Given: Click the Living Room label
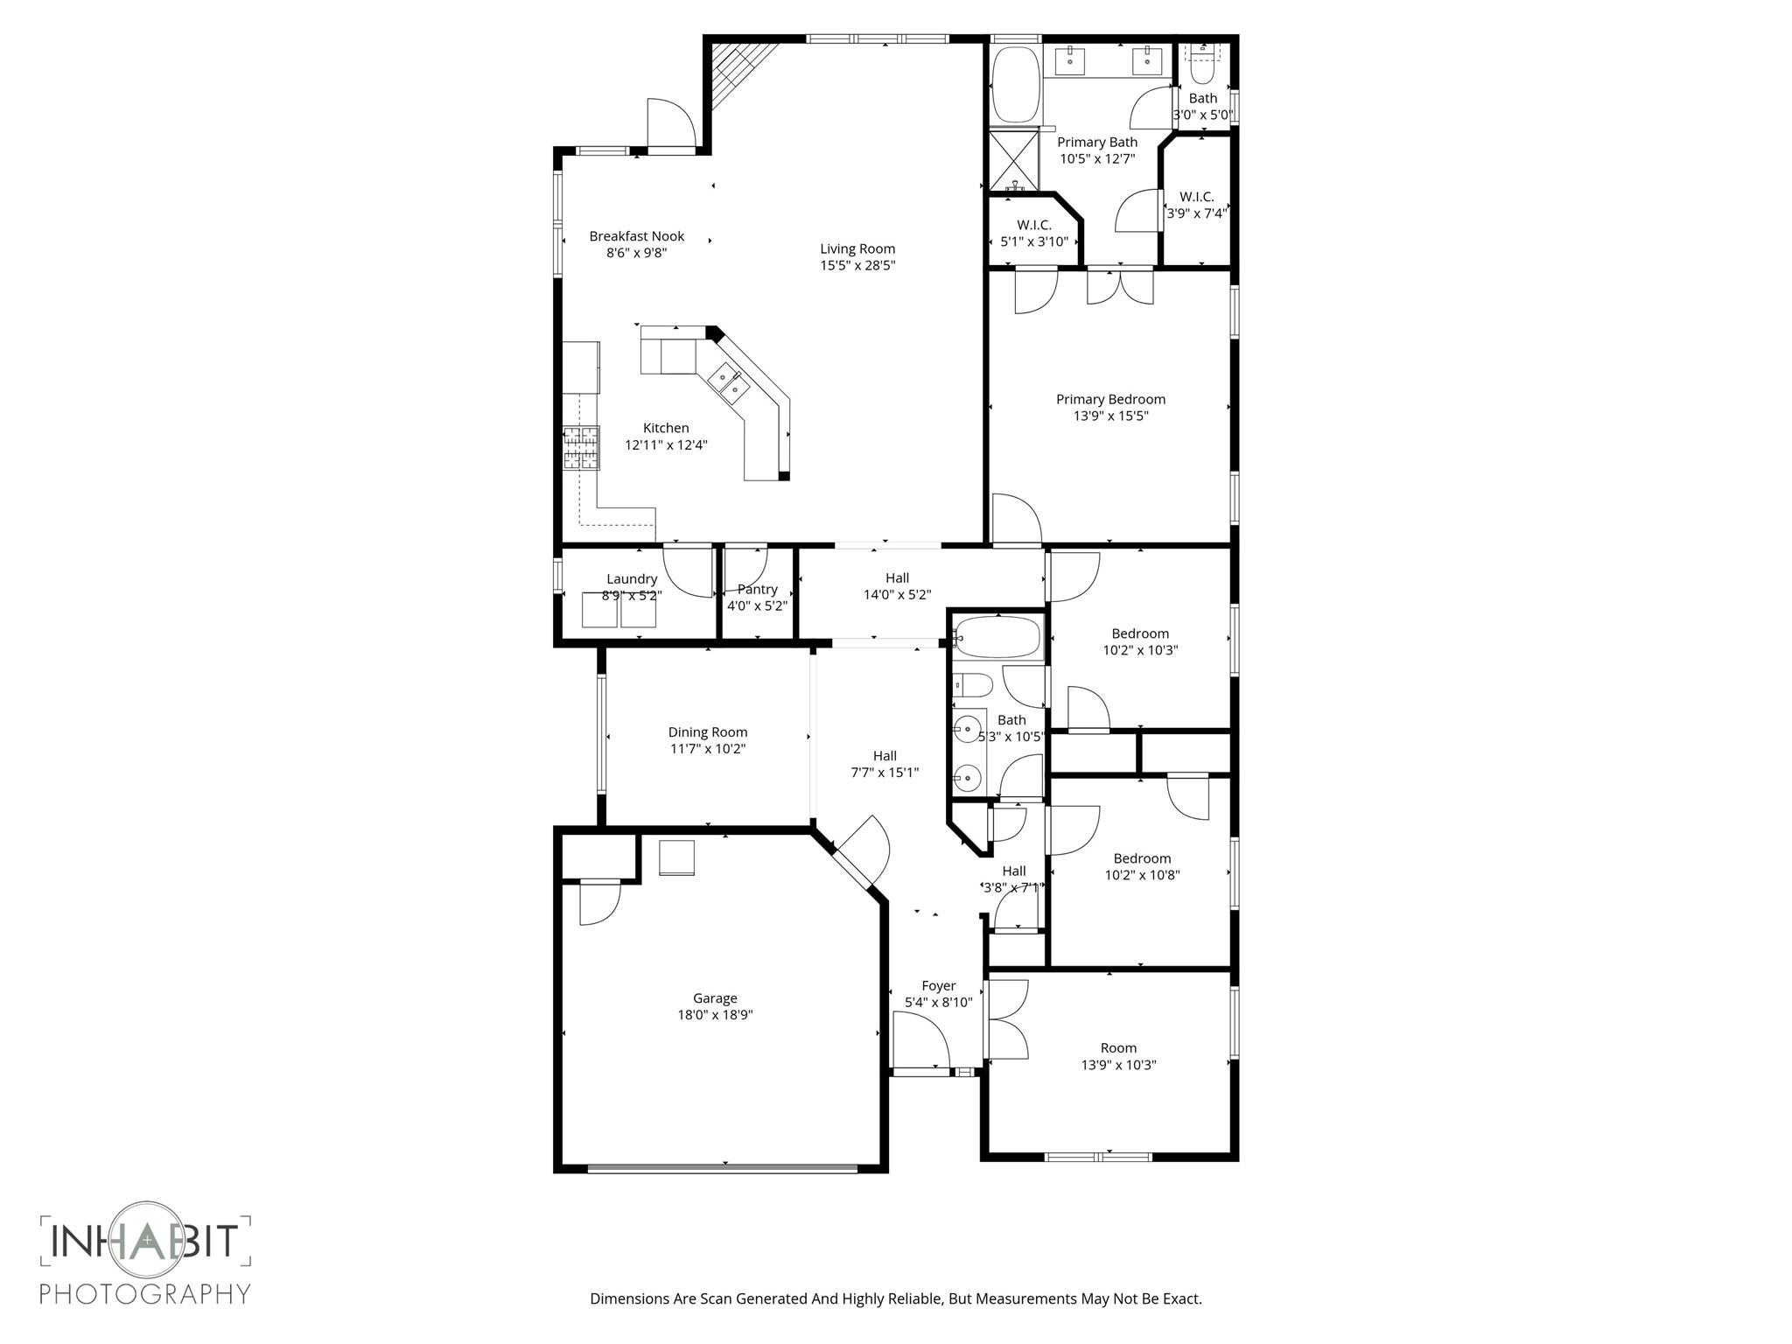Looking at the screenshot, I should click(x=857, y=248).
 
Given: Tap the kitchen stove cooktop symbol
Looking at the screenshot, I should click(x=581, y=448).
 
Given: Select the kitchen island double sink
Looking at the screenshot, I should click(x=728, y=382).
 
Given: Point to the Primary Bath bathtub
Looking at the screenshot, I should click(x=1015, y=85).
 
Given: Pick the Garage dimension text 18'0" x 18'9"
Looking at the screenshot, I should click(x=715, y=1015).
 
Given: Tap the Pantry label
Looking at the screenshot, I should click(x=757, y=589).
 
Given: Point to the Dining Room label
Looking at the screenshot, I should click(x=707, y=732).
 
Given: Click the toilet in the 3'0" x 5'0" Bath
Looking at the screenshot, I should click(x=1203, y=64).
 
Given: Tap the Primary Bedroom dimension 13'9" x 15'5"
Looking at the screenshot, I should click(x=1110, y=416).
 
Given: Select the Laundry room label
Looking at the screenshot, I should click(x=632, y=578).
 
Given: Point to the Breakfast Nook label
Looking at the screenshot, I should click(x=636, y=236).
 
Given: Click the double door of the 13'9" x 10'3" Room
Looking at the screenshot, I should click(x=1006, y=1020).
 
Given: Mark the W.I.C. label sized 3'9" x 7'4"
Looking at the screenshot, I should click(x=1196, y=197).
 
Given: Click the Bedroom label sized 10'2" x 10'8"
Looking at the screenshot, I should click(x=1141, y=858).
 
